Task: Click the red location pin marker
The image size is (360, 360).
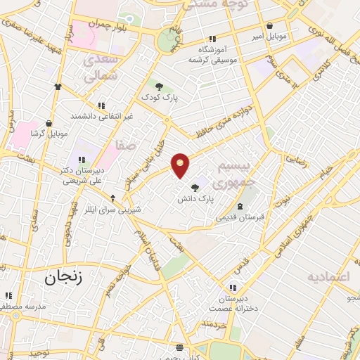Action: [x=181, y=165]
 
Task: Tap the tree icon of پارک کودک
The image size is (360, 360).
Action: [x=160, y=86]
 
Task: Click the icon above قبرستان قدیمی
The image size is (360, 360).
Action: [x=240, y=206]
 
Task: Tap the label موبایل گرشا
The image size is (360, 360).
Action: [x=49, y=133]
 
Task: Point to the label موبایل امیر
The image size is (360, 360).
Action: [x=269, y=34]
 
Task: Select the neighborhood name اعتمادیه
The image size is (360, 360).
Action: [x=328, y=276]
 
